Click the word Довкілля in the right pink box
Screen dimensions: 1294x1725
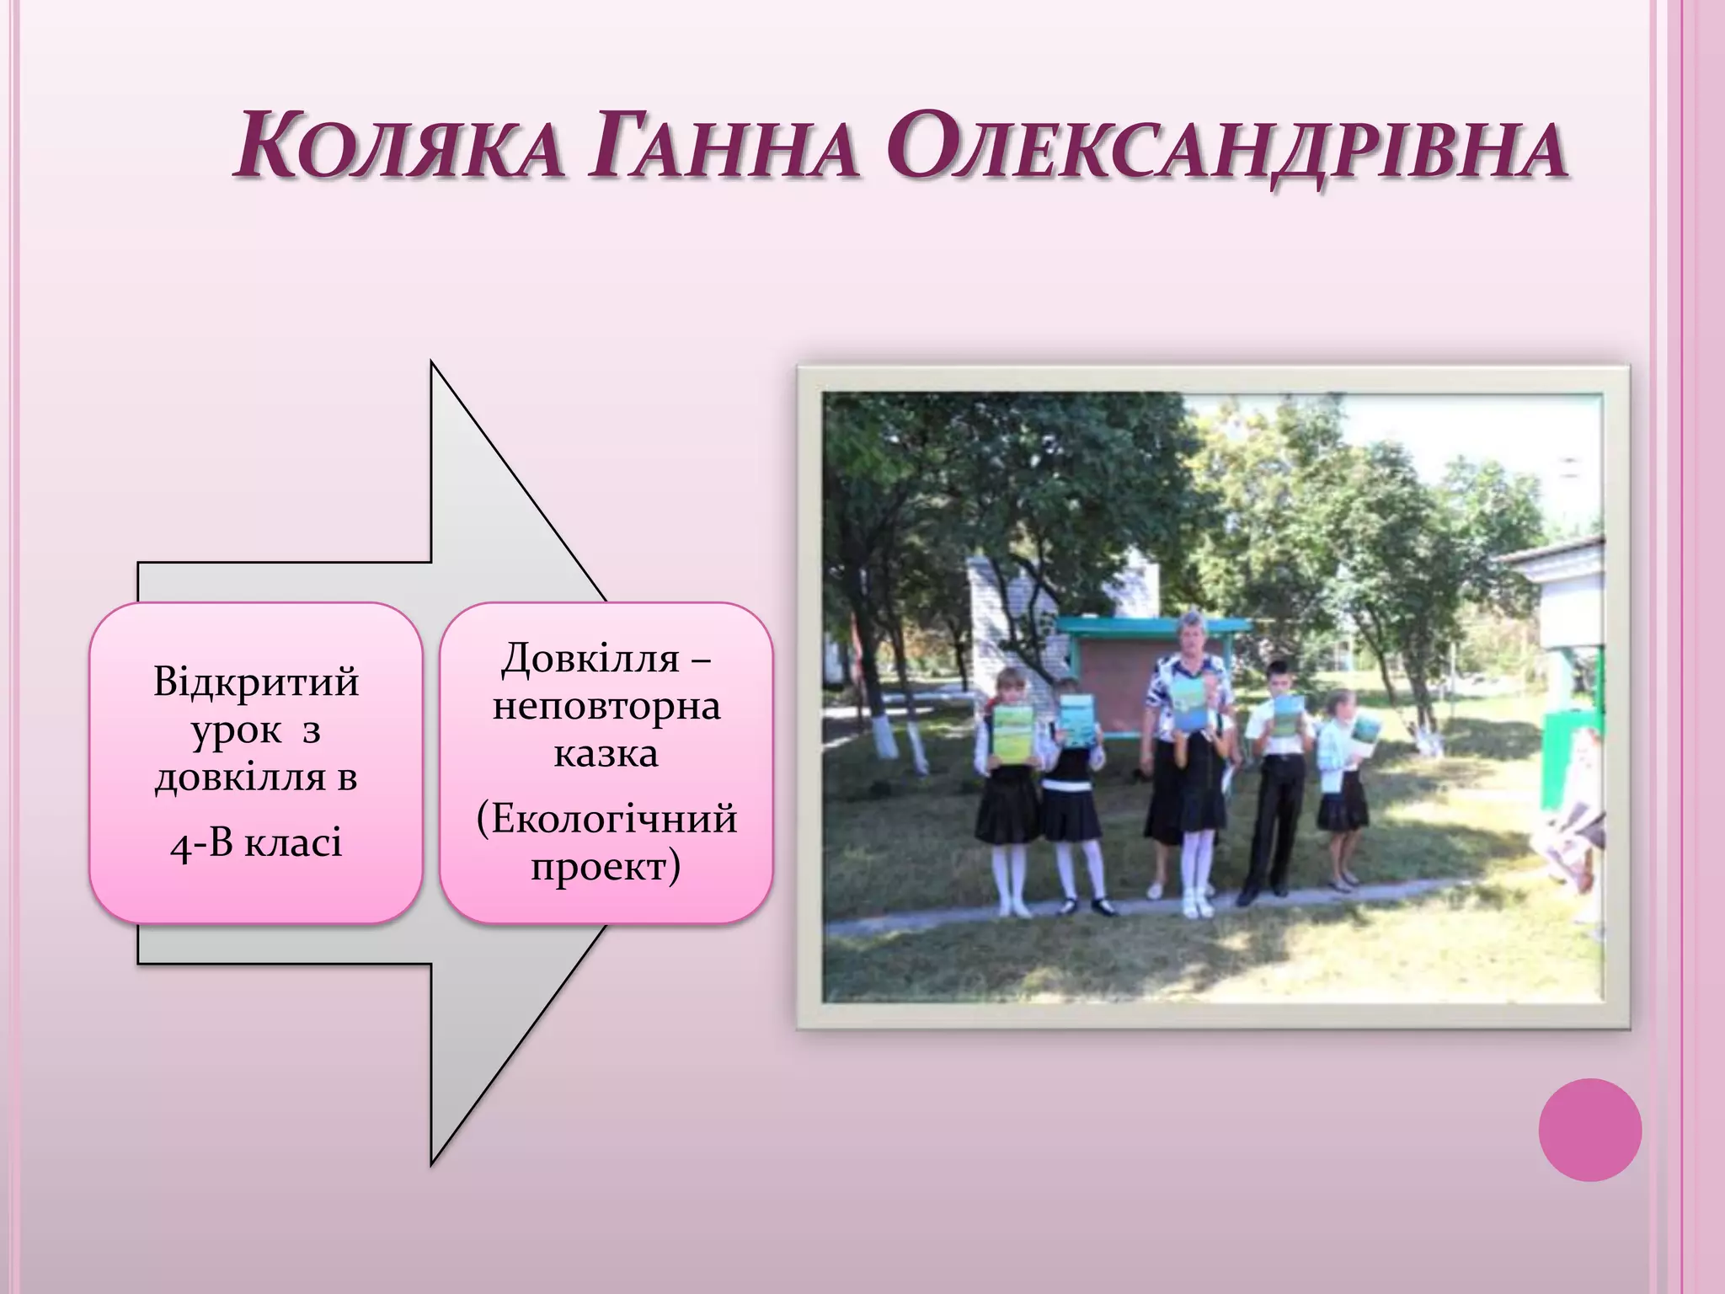[590, 658]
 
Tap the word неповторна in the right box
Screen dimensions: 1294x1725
[606, 705]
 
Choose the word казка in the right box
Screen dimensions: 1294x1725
[606, 752]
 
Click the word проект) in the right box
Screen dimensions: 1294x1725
[606, 865]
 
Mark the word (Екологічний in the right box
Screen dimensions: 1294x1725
[606, 818]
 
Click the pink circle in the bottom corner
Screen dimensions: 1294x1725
[1589, 1130]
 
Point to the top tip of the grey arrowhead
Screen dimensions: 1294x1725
[432, 362]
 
